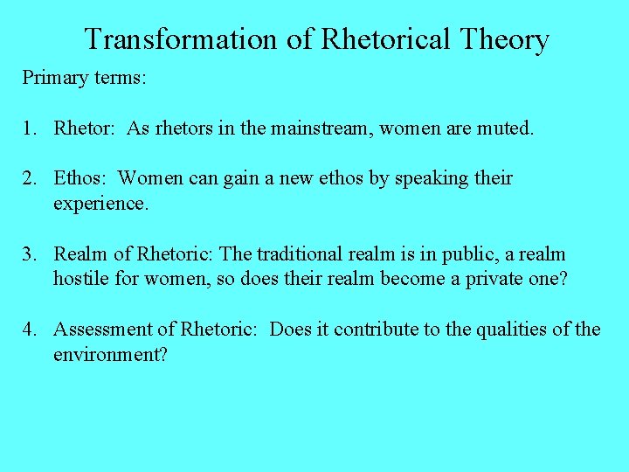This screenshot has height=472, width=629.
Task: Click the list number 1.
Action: coord(28,128)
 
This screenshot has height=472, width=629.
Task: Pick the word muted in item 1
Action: coord(504,128)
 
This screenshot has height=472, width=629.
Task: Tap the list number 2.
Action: coord(28,178)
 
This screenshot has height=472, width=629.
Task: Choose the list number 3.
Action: coord(28,254)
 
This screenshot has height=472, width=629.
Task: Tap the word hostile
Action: coord(82,279)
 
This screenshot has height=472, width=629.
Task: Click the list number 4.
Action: coord(28,330)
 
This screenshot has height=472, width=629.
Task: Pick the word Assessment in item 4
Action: coord(103,330)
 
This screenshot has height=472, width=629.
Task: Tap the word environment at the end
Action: coord(109,354)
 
